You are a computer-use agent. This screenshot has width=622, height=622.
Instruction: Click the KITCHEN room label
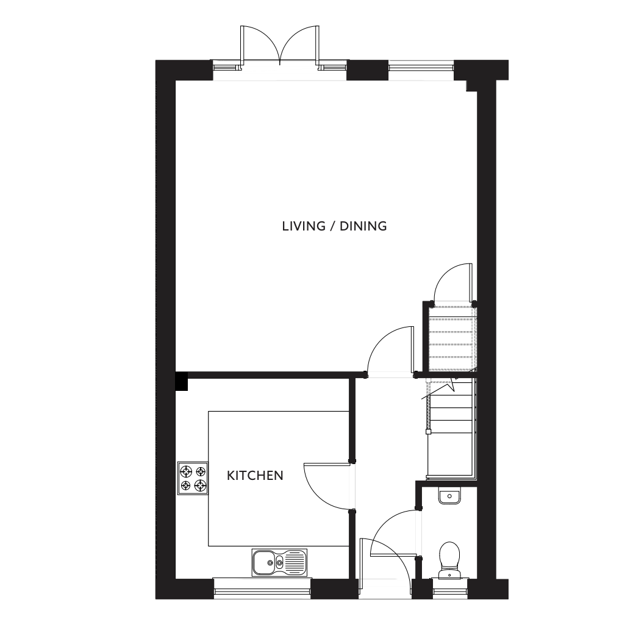click(x=255, y=475)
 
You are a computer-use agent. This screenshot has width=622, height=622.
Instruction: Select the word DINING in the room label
click(x=363, y=226)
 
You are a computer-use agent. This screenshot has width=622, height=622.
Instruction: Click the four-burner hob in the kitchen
click(x=193, y=478)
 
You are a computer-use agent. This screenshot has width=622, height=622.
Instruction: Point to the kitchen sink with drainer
click(x=279, y=562)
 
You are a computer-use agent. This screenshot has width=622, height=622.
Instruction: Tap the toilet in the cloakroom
click(x=449, y=560)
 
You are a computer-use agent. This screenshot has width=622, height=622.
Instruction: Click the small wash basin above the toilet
click(x=449, y=496)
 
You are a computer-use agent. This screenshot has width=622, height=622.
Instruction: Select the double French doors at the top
click(x=279, y=46)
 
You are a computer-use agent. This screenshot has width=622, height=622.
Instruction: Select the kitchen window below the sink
click(x=262, y=588)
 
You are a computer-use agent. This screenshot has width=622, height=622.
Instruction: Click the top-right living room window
click(x=421, y=70)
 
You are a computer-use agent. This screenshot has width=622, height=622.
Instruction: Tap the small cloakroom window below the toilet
click(x=450, y=589)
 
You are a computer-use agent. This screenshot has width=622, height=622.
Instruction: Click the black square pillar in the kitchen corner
click(x=182, y=381)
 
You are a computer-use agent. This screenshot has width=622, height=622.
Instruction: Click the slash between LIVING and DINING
click(x=331, y=226)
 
